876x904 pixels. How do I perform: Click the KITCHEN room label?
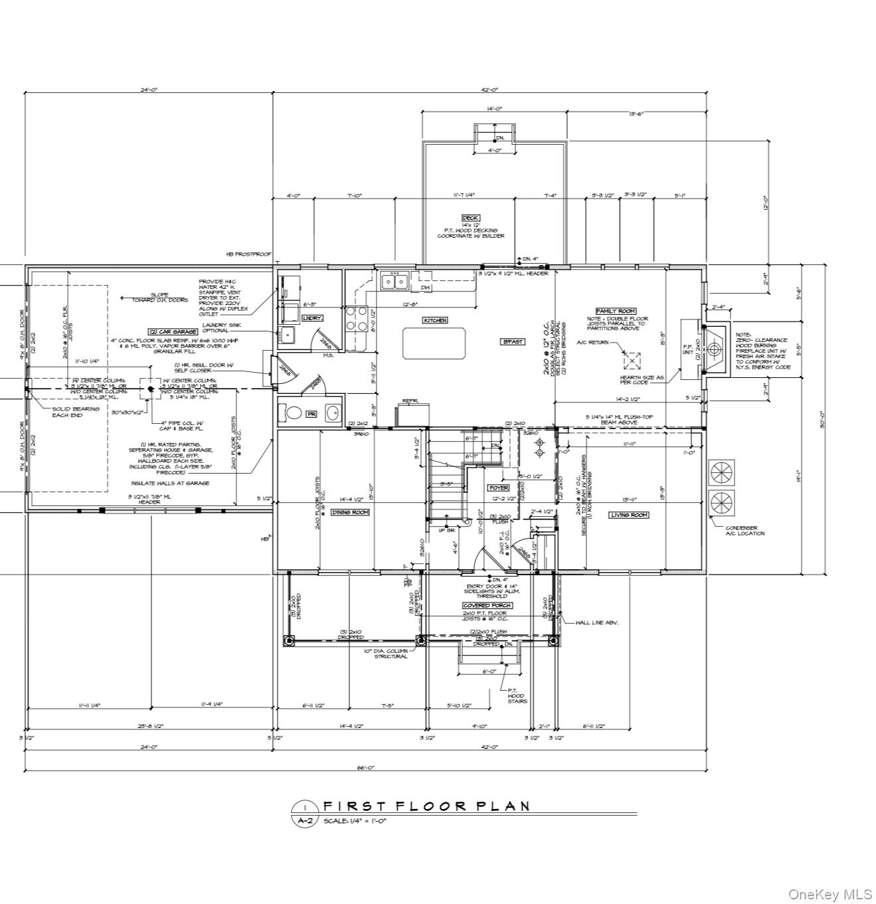[x=435, y=320]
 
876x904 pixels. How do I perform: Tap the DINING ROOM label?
[x=350, y=512]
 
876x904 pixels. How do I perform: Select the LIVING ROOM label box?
[x=628, y=515]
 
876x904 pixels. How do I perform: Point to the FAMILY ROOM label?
[x=616, y=311]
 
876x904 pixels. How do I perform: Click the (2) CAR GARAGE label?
[x=173, y=331]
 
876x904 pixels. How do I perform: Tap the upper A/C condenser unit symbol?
[x=721, y=473]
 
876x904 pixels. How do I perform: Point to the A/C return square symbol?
[x=632, y=361]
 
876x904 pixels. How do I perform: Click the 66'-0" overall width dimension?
[x=366, y=767]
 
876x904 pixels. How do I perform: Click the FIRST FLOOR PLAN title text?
[x=426, y=806]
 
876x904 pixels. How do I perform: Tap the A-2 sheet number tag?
[x=304, y=820]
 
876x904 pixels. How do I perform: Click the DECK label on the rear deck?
[x=470, y=218]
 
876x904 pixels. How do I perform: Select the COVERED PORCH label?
[x=487, y=605]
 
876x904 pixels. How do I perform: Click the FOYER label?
[x=498, y=488]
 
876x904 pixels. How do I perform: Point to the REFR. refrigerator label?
[x=408, y=402]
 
